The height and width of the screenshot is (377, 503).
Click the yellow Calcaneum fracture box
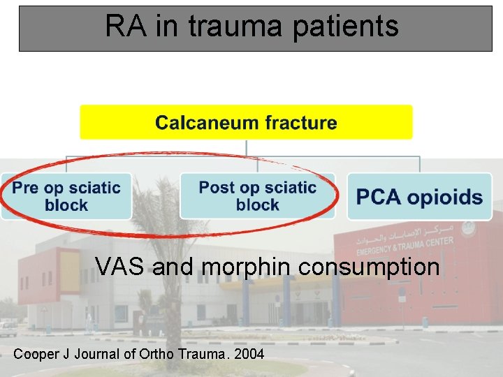[x=246, y=122]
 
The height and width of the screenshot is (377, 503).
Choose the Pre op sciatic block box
[x=66, y=196]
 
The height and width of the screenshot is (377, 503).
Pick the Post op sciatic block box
[x=257, y=196]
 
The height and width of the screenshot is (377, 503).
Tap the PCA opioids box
[x=419, y=196]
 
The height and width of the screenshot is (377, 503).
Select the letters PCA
[x=379, y=197]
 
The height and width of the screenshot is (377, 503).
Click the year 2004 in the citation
[x=249, y=354]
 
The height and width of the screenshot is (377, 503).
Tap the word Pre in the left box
[x=25, y=188]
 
